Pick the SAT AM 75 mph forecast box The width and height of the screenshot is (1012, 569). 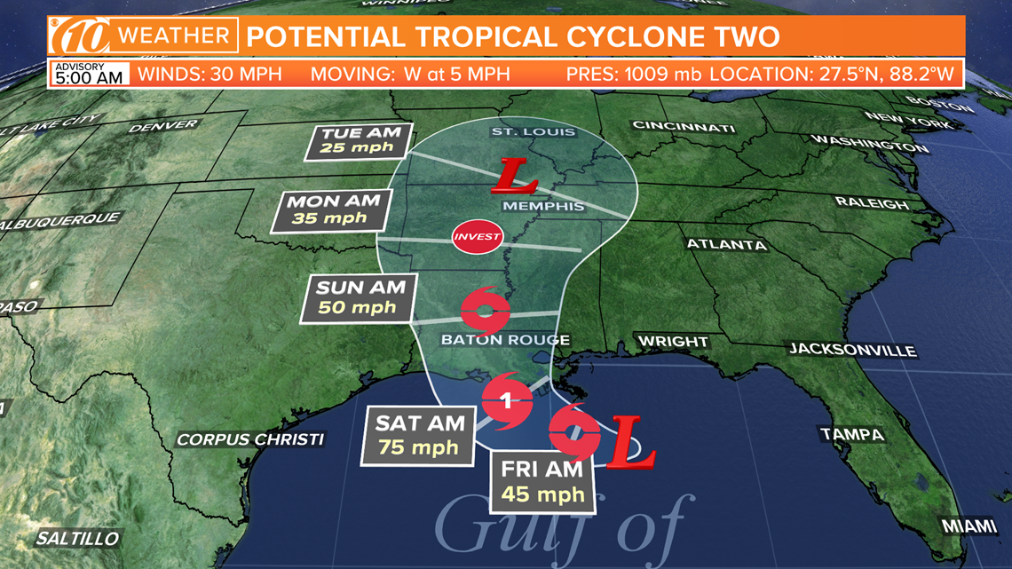tap(419, 433)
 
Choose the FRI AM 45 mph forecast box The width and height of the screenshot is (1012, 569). tap(542, 482)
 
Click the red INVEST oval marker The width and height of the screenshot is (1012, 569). tap(478, 237)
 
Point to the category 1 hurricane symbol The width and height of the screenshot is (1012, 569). tap(506, 402)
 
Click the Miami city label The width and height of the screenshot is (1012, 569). tap(969, 526)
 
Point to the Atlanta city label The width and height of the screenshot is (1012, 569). tap(725, 244)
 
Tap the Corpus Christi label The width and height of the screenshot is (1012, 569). tap(250, 439)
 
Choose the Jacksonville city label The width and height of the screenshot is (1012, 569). tap(852, 350)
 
